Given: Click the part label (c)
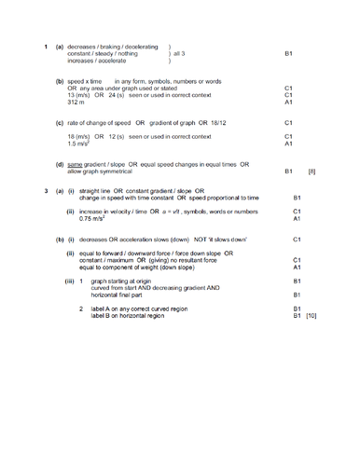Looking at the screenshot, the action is pos(61,123).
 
